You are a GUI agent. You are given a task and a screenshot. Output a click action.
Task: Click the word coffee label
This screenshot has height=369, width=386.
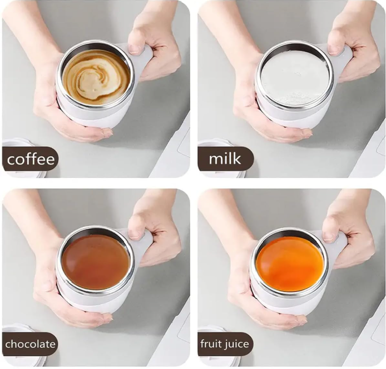[31, 159]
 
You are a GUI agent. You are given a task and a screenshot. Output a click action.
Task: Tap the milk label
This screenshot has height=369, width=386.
[225, 159]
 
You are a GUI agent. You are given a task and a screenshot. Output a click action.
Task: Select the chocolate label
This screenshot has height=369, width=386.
[30, 343]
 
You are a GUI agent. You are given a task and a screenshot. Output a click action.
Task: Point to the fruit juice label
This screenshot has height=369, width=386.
[225, 343]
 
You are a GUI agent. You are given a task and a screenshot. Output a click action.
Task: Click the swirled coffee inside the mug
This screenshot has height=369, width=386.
[96, 77]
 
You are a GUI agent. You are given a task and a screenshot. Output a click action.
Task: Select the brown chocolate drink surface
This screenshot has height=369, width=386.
[96, 261]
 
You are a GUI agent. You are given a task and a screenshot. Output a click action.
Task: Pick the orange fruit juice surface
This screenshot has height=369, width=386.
[289, 263]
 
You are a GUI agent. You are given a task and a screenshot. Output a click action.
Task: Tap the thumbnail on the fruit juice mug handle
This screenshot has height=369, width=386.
[329, 236]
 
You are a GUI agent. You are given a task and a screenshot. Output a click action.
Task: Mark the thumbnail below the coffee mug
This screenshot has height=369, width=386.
[107, 133]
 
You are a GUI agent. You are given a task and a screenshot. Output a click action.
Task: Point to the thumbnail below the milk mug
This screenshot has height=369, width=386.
[307, 133]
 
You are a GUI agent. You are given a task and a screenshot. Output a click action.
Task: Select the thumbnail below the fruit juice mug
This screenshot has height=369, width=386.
[302, 320]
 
